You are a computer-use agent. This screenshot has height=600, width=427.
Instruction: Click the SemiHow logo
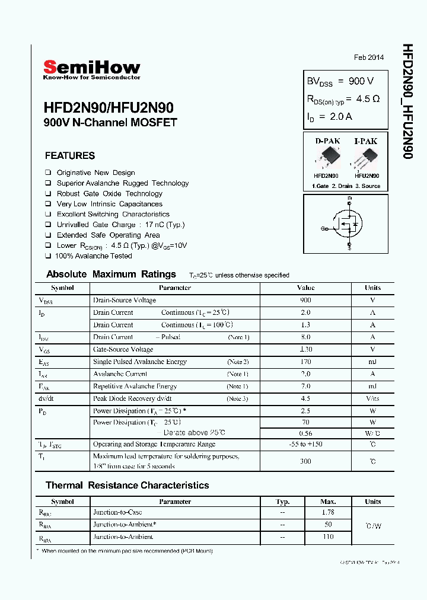coord(91,69)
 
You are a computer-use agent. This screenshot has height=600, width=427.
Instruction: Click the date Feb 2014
coord(369,58)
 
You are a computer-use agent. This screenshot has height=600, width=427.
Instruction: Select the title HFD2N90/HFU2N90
coord(109,108)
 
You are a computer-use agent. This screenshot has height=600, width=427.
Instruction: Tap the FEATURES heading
coord(70,156)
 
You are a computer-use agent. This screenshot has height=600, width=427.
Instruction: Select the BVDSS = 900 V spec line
coord(340,81)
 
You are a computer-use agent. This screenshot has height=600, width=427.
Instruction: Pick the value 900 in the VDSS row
coord(305,300)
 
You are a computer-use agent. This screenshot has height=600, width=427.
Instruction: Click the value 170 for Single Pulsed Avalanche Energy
coord(305,362)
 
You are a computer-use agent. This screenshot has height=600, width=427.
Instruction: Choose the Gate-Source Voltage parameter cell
coord(123,349)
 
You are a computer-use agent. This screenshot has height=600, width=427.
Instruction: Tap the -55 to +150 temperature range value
coord(305,444)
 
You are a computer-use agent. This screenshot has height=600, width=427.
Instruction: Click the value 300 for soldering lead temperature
coord(305,461)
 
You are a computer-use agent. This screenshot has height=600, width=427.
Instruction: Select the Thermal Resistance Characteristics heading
coord(128,486)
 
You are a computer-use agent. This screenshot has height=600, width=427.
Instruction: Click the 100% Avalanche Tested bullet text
coord(94,256)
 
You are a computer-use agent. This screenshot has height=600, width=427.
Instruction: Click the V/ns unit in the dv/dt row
coord(372,398)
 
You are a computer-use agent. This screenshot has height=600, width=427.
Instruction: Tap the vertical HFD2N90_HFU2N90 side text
coord(407,101)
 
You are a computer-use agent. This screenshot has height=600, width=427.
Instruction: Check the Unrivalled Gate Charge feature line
coord(120,225)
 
